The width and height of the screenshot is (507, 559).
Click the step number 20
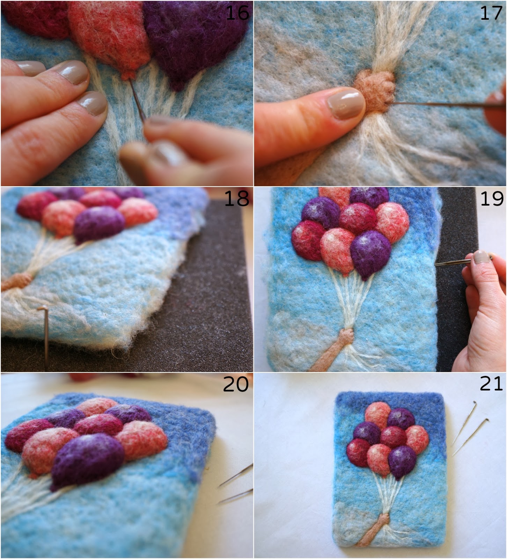(x=236, y=384)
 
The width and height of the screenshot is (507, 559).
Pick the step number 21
(x=491, y=384)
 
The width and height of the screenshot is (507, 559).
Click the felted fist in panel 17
(x=375, y=90)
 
